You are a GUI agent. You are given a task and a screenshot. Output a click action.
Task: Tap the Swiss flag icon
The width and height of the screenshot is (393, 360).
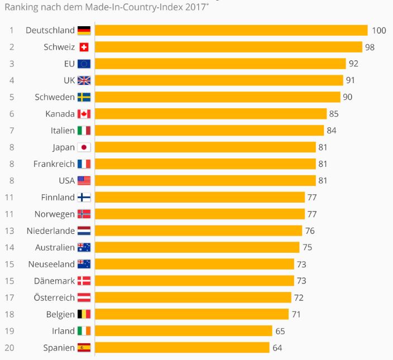(x=84, y=47)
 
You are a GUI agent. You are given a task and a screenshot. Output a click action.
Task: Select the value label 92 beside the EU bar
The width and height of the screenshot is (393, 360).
(x=353, y=64)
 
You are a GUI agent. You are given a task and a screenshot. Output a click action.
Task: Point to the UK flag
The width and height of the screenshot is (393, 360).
(x=84, y=80)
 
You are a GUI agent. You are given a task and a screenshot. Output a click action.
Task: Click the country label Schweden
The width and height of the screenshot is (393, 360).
(x=55, y=97)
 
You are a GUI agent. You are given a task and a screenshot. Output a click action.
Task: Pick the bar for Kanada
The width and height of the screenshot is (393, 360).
(x=211, y=114)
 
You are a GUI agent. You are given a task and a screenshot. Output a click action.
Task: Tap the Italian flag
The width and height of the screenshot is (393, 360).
(x=84, y=131)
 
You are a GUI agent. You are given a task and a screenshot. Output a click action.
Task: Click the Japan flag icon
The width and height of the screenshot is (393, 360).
(x=84, y=147)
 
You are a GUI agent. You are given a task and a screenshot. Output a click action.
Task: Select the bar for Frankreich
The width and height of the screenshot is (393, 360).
(x=205, y=164)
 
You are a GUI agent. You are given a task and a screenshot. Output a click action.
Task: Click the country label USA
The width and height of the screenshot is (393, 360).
(x=66, y=180)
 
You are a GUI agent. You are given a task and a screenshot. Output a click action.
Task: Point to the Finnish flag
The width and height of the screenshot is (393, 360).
(x=84, y=197)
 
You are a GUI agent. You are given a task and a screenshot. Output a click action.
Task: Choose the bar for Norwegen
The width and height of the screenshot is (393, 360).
(x=200, y=214)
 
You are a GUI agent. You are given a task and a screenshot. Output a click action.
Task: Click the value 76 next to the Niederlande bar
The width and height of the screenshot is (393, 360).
(x=309, y=231)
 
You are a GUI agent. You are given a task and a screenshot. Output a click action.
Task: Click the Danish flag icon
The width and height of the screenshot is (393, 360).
(x=84, y=281)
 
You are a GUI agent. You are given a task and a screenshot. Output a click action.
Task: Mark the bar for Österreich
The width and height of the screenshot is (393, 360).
(x=193, y=297)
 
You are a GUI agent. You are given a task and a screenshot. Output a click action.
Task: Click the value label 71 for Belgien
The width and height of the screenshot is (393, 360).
(x=296, y=314)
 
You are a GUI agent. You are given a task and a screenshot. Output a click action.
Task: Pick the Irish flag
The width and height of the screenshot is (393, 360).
(x=84, y=331)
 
